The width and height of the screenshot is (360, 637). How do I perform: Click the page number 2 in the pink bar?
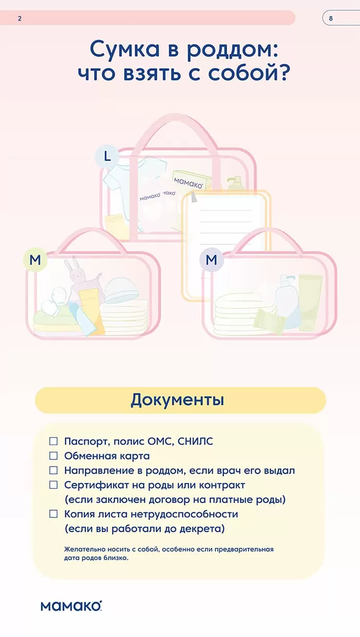click(20, 18)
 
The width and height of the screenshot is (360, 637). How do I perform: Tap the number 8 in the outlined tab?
click(331, 18)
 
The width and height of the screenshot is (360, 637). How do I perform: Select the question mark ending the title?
click(283, 72)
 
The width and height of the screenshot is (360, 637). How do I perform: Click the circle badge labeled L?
click(107, 157)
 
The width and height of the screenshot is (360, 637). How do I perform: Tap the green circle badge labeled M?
click(35, 260)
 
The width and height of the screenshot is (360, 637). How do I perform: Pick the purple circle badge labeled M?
click(212, 260)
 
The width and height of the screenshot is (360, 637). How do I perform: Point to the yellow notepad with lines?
click(226, 244)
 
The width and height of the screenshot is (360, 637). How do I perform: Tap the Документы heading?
click(177, 400)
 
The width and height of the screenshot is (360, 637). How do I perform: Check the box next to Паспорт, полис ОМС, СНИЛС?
click(53, 441)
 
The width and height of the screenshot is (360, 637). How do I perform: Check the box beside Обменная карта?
click(53, 456)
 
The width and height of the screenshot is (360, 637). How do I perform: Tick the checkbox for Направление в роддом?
click(53, 470)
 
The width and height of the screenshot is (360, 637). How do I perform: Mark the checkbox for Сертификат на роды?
click(53, 485)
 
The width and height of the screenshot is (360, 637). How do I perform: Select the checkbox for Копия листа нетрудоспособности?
click(53, 514)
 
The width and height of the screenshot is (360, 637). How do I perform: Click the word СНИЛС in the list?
click(195, 441)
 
